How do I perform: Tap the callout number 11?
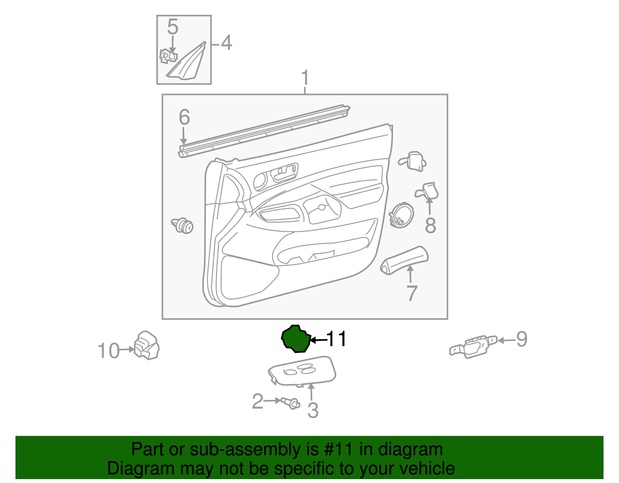337,339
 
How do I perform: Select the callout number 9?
522,339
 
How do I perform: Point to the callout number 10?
108,351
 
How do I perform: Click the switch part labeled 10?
147,345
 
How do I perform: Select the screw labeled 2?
291,403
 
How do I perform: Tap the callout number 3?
313,410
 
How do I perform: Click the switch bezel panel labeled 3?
302,371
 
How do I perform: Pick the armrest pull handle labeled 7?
404,260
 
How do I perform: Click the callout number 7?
412,293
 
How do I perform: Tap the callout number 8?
430,225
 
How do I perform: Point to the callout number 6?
184,117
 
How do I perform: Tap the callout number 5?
173,27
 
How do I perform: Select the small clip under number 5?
168,56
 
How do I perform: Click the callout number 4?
226,43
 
